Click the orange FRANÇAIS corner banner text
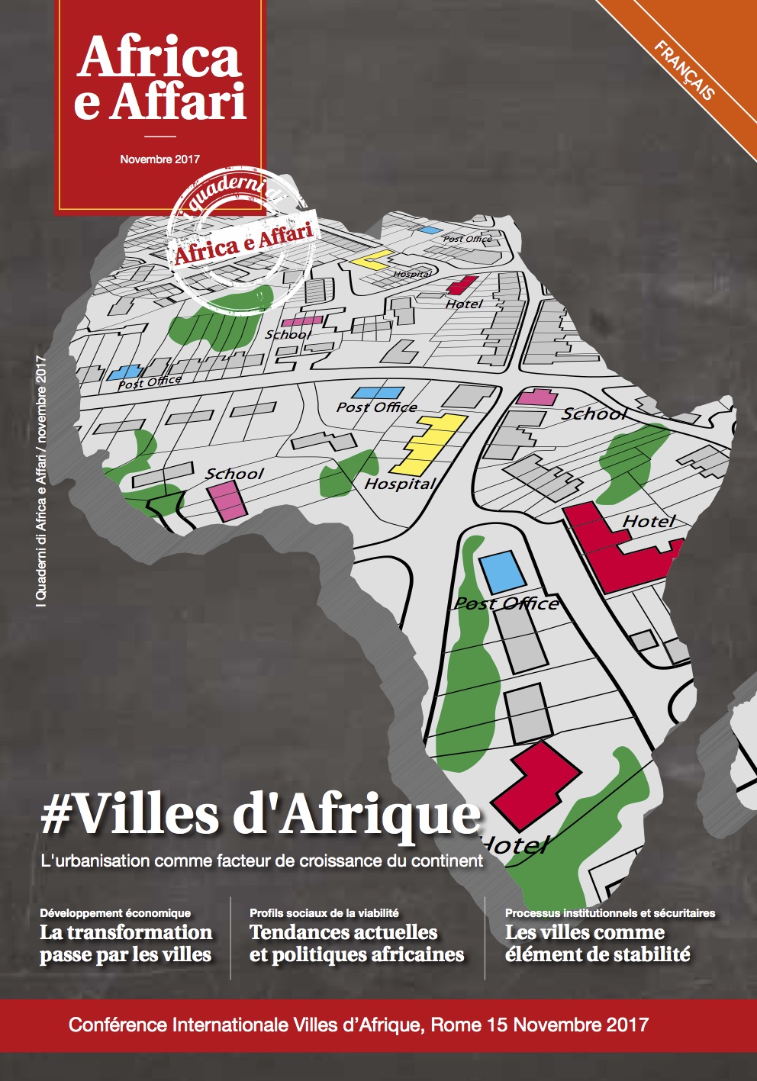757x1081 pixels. [x=685, y=70]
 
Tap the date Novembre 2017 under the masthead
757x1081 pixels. [x=159, y=159]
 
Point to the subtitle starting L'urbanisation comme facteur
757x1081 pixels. [x=262, y=861]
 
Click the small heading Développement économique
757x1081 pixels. [x=115, y=912]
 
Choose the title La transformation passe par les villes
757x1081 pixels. [x=126, y=944]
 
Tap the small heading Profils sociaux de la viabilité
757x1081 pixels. [x=324, y=912]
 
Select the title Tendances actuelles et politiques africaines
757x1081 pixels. [x=356, y=944]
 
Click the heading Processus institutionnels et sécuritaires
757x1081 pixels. [x=610, y=912]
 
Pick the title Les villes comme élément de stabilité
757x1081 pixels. [x=598, y=944]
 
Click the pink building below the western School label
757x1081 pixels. [x=225, y=501]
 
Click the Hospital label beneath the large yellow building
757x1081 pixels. [x=399, y=484]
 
